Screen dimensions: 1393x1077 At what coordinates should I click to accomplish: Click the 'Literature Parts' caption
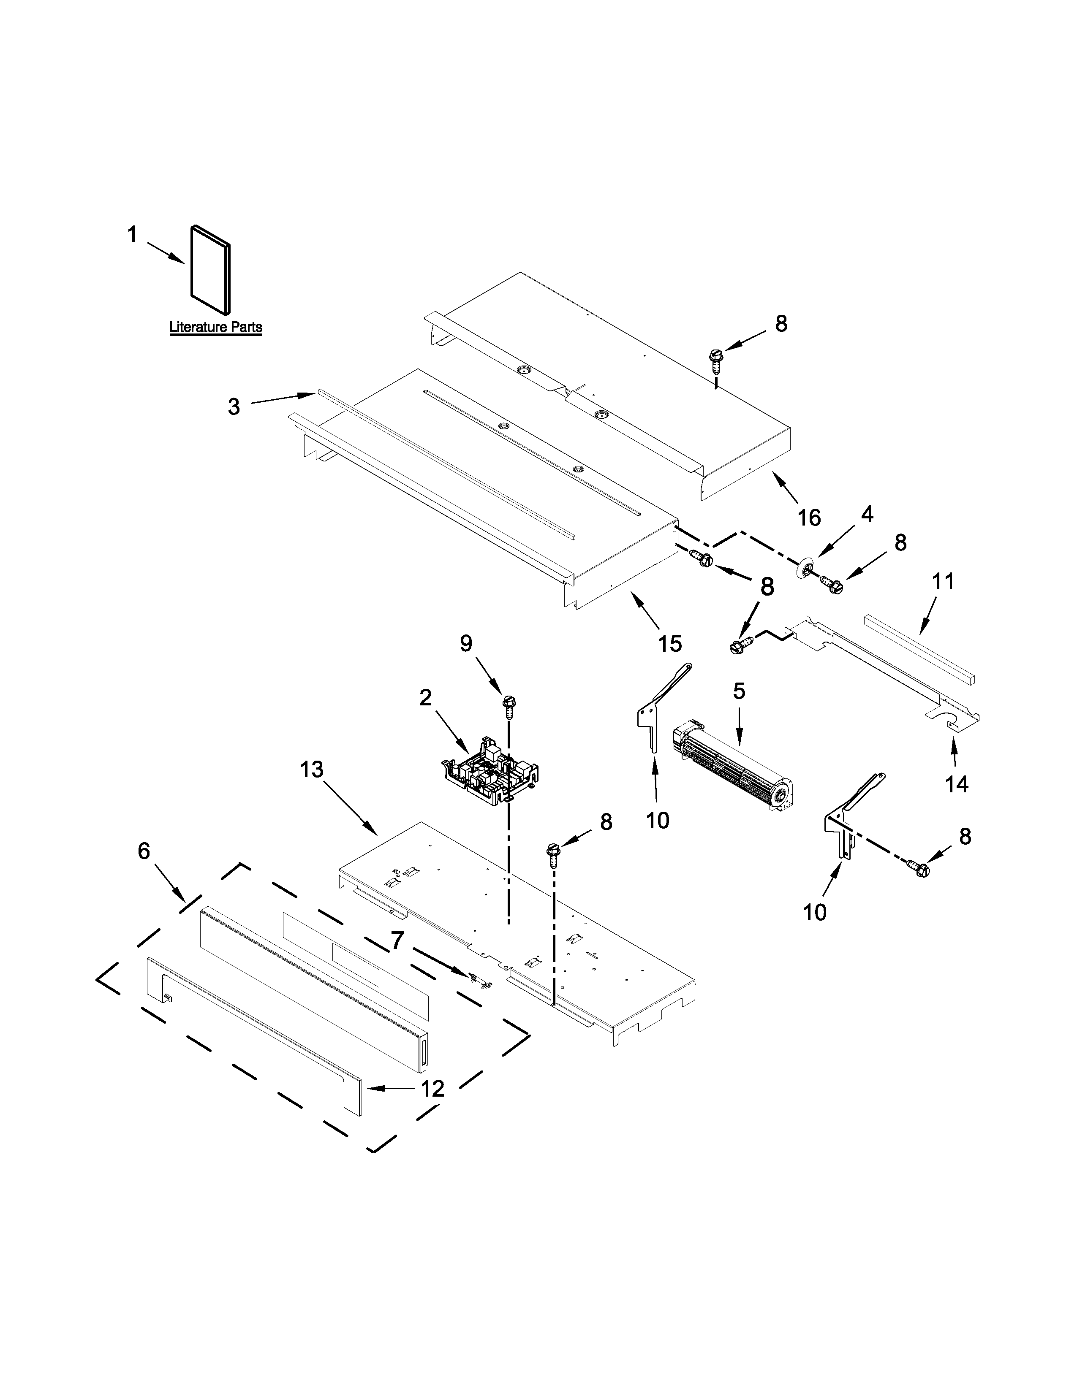tap(216, 327)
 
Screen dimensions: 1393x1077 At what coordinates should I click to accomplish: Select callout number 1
tap(132, 236)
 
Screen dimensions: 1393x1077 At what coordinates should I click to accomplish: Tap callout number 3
tap(234, 406)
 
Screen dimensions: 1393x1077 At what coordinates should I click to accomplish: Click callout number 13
tap(312, 770)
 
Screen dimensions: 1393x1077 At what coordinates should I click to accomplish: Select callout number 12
tap(432, 1088)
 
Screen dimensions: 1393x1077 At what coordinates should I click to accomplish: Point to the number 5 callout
tap(739, 691)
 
